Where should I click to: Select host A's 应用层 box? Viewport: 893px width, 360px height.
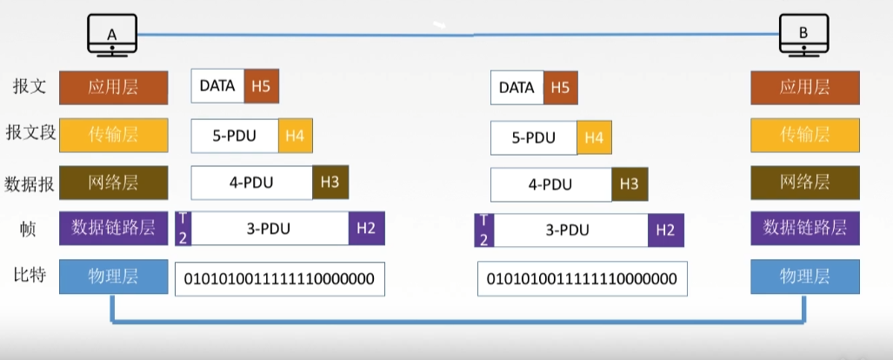coord(114,87)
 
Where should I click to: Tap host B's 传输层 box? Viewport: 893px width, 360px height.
coord(804,135)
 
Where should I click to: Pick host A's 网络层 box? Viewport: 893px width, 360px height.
coord(114,183)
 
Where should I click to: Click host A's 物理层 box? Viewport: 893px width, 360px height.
coord(114,277)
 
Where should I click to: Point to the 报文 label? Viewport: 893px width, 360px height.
coord(29,87)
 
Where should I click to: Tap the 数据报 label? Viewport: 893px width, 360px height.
coord(30,183)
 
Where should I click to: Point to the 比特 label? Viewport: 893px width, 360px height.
coord(29,277)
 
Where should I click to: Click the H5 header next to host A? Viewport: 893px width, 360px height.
coord(262,86)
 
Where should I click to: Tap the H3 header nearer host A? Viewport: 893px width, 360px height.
coord(330,183)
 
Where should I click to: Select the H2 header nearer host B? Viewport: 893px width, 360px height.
coord(665,230)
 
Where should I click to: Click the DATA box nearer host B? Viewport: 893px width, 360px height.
coord(516,88)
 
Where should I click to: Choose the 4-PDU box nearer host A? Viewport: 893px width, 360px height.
coord(252,183)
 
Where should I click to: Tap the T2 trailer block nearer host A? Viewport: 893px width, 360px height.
coord(183,229)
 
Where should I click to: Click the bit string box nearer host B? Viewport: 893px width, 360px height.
coord(582,278)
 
